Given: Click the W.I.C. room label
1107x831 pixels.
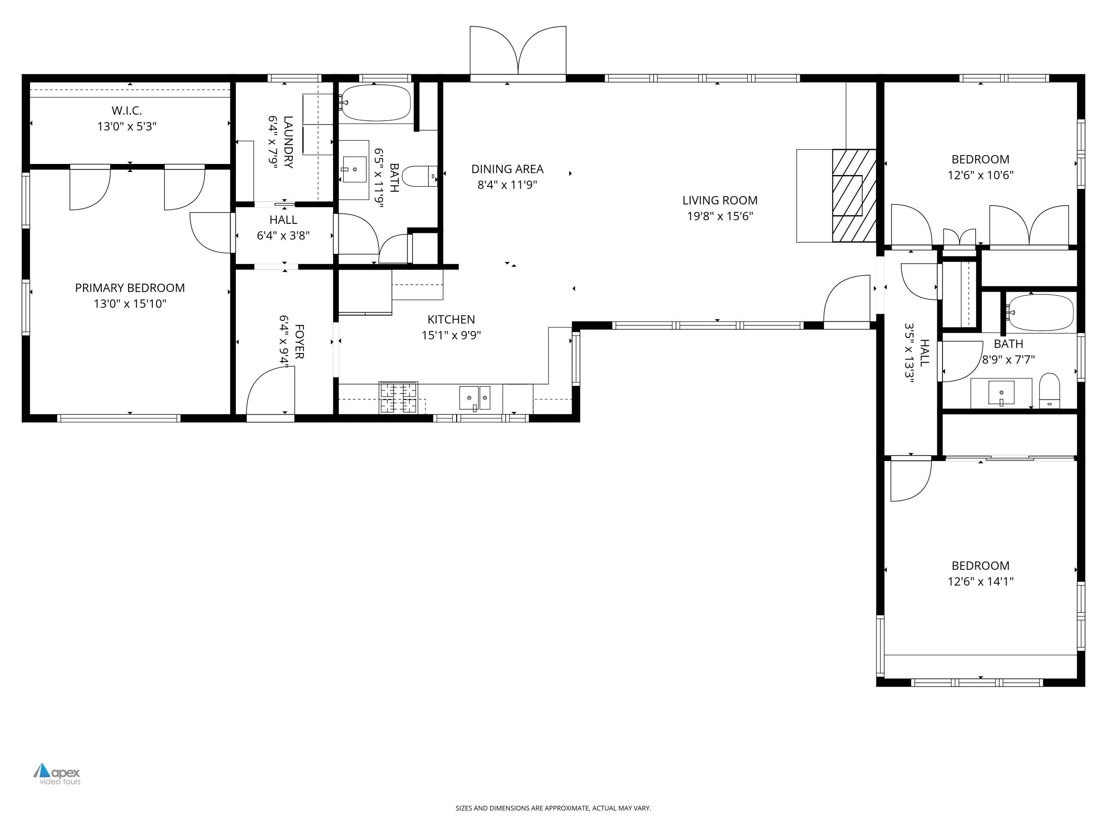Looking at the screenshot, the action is pyautogui.click(x=127, y=110).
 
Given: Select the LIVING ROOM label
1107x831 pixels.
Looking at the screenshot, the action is pyautogui.click(x=720, y=200).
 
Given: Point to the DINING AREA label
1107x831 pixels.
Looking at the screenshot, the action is pyautogui.click(x=507, y=169).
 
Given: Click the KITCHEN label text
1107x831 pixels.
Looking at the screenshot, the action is pyautogui.click(x=451, y=319).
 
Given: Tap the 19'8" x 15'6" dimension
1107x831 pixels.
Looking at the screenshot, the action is pyautogui.click(x=720, y=216).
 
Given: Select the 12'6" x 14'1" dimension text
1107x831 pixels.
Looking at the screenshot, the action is pyautogui.click(x=980, y=581).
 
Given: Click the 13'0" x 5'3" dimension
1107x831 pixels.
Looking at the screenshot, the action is pyautogui.click(x=127, y=126).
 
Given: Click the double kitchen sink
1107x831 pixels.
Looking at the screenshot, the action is pyautogui.click(x=475, y=398).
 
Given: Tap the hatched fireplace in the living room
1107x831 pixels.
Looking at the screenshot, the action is pyautogui.click(x=854, y=195).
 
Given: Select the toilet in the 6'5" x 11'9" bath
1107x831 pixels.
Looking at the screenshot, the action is pyautogui.click(x=420, y=176).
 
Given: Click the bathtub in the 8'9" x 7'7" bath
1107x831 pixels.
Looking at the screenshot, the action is pyautogui.click(x=1041, y=312).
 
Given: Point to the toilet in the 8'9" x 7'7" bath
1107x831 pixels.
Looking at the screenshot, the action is pyautogui.click(x=1049, y=391).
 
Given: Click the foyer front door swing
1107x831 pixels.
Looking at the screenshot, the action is pyautogui.click(x=270, y=391).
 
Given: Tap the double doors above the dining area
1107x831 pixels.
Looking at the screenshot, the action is pyautogui.click(x=518, y=52).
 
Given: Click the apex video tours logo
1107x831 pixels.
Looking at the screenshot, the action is pyautogui.click(x=57, y=773).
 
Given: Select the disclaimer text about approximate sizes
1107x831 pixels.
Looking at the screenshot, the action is pyautogui.click(x=553, y=808).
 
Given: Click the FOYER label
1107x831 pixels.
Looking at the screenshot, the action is pyautogui.click(x=299, y=342).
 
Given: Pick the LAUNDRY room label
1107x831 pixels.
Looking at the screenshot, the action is pyautogui.click(x=288, y=142).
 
